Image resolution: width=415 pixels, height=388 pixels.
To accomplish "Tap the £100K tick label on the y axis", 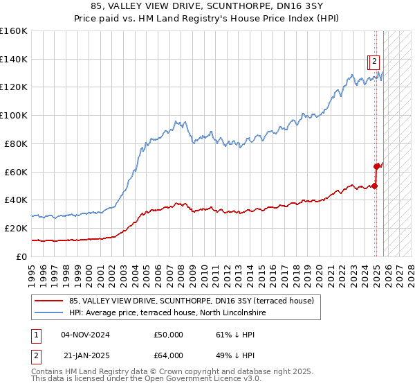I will pos(14,115).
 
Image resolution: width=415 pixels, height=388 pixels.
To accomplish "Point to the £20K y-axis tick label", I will pos(15,228).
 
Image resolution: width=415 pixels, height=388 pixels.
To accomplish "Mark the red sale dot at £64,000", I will pos(377,166).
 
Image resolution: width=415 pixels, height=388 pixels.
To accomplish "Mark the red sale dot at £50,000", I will pos(375,186).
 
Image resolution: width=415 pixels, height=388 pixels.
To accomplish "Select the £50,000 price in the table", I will pos(168,335).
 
